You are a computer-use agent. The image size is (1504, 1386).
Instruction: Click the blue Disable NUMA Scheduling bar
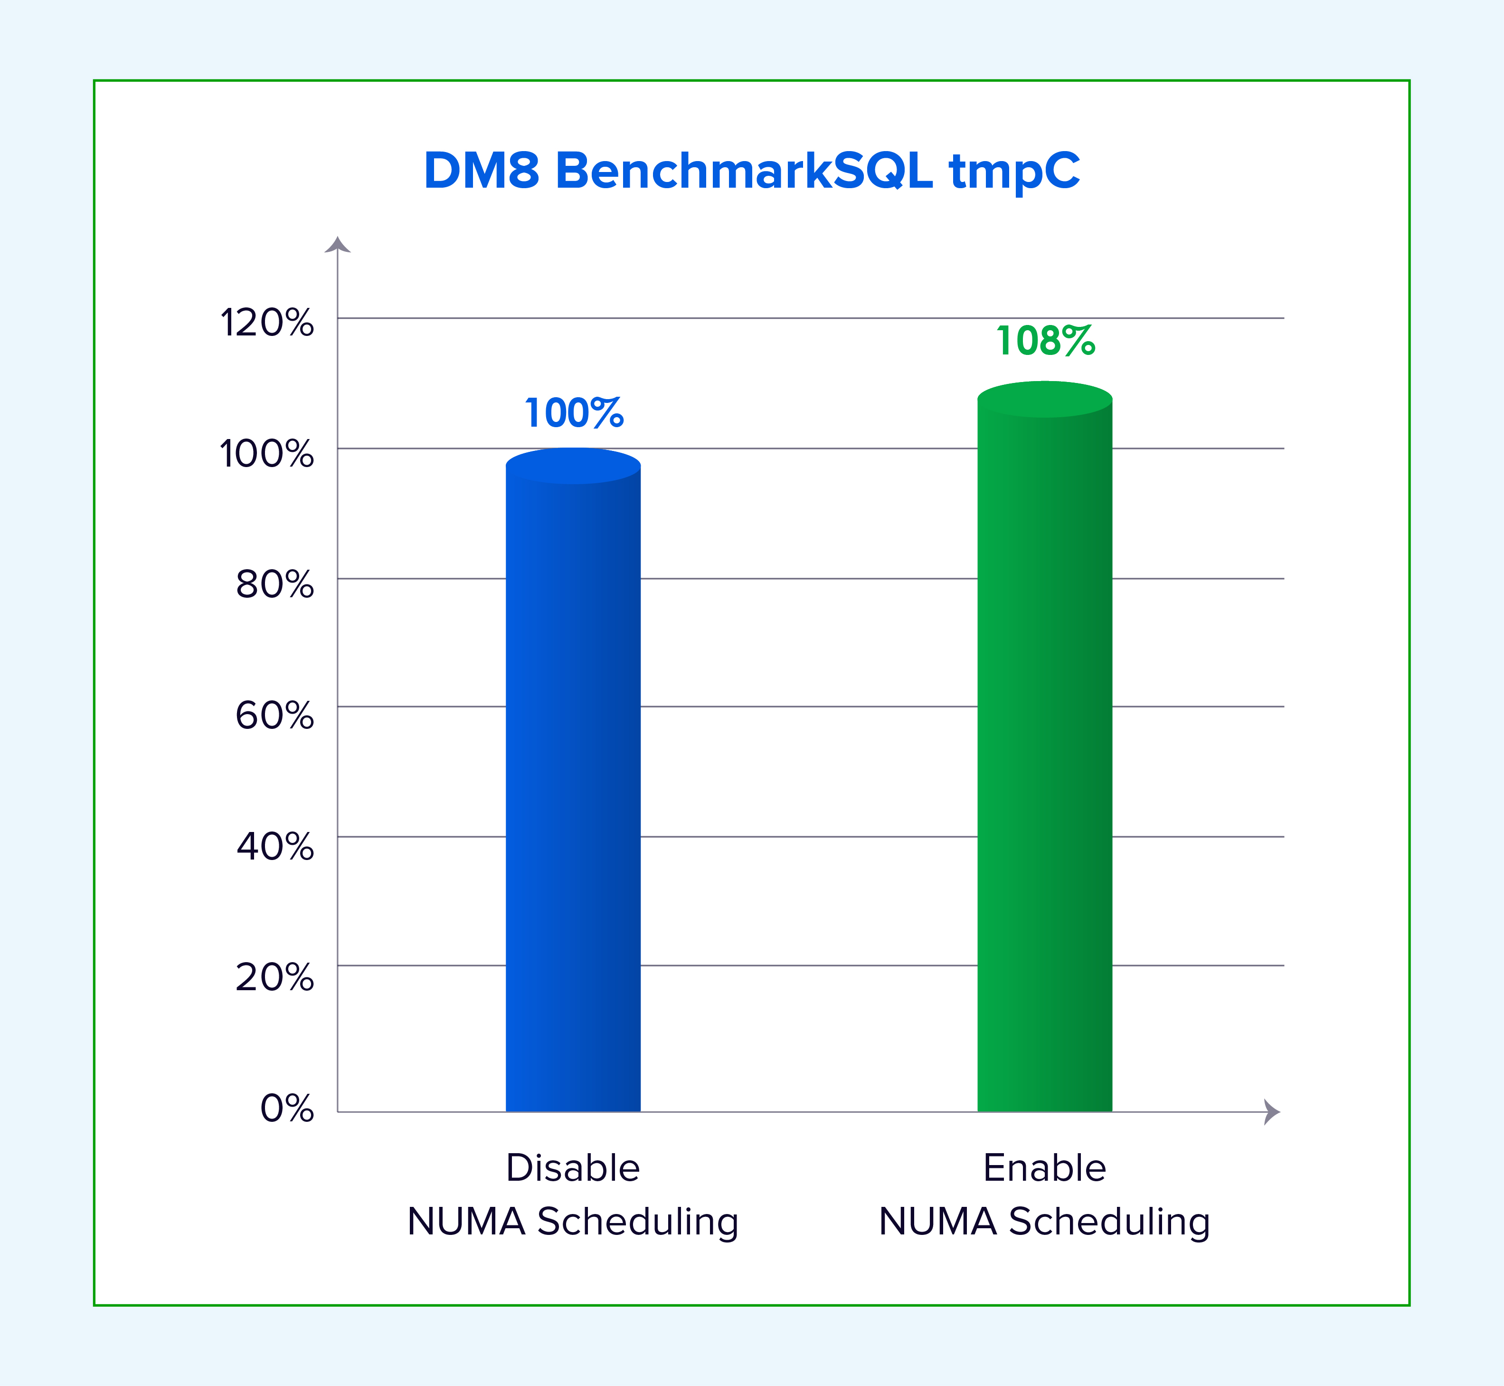click(x=574, y=780)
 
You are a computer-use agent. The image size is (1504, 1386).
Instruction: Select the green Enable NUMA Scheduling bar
click(x=1045, y=746)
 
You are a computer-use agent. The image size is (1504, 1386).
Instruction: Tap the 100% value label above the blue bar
click(x=574, y=413)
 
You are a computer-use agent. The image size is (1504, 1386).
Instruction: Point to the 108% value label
click(x=1046, y=341)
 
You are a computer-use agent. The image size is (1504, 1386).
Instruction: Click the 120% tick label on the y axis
click(x=267, y=323)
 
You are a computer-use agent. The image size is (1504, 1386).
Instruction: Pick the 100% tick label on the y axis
click(x=267, y=454)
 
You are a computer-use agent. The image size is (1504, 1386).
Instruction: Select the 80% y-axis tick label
click(x=275, y=584)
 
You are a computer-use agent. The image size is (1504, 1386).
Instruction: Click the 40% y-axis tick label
click(x=275, y=847)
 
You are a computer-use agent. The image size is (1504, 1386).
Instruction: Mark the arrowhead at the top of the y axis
click(x=337, y=245)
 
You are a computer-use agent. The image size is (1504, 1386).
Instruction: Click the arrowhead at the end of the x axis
click(x=1272, y=1112)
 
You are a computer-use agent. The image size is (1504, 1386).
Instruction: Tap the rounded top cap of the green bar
click(x=1045, y=399)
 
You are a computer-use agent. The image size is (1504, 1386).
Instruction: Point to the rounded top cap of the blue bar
click(x=574, y=466)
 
